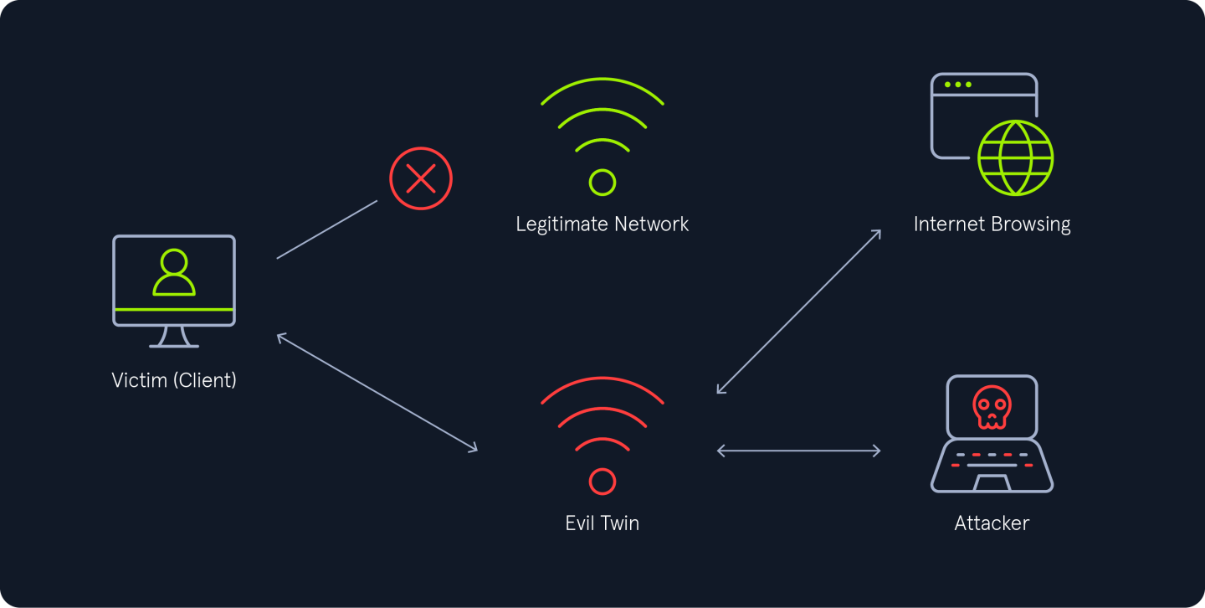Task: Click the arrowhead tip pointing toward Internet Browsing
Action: pyautogui.click(x=880, y=230)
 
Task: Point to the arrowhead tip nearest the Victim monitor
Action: pyautogui.click(x=278, y=335)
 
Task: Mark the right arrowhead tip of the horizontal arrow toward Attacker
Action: pyautogui.click(x=880, y=451)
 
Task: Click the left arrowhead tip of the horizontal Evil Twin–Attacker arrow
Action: pyautogui.click(x=718, y=451)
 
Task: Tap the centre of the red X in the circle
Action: pyautogui.click(x=421, y=178)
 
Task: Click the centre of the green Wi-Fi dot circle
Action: pyautogui.click(x=602, y=183)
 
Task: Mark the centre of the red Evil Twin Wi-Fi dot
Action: pyautogui.click(x=602, y=482)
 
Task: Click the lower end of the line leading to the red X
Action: pyautogui.click(x=277, y=259)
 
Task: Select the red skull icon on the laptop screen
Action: pyautogui.click(x=992, y=407)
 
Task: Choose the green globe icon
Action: pyautogui.click(x=1015, y=157)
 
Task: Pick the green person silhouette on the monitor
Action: pyautogui.click(x=174, y=272)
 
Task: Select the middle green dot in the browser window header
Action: pyautogui.click(x=957, y=85)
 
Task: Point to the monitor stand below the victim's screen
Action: pyautogui.click(x=174, y=337)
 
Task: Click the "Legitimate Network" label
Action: pyautogui.click(x=602, y=224)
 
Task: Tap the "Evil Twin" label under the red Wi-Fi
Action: pyautogui.click(x=602, y=523)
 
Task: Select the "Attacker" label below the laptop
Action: pyautogui.click(x=992, y=523)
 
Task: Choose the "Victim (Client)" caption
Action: pyautogui.click(x=174, y=380)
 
